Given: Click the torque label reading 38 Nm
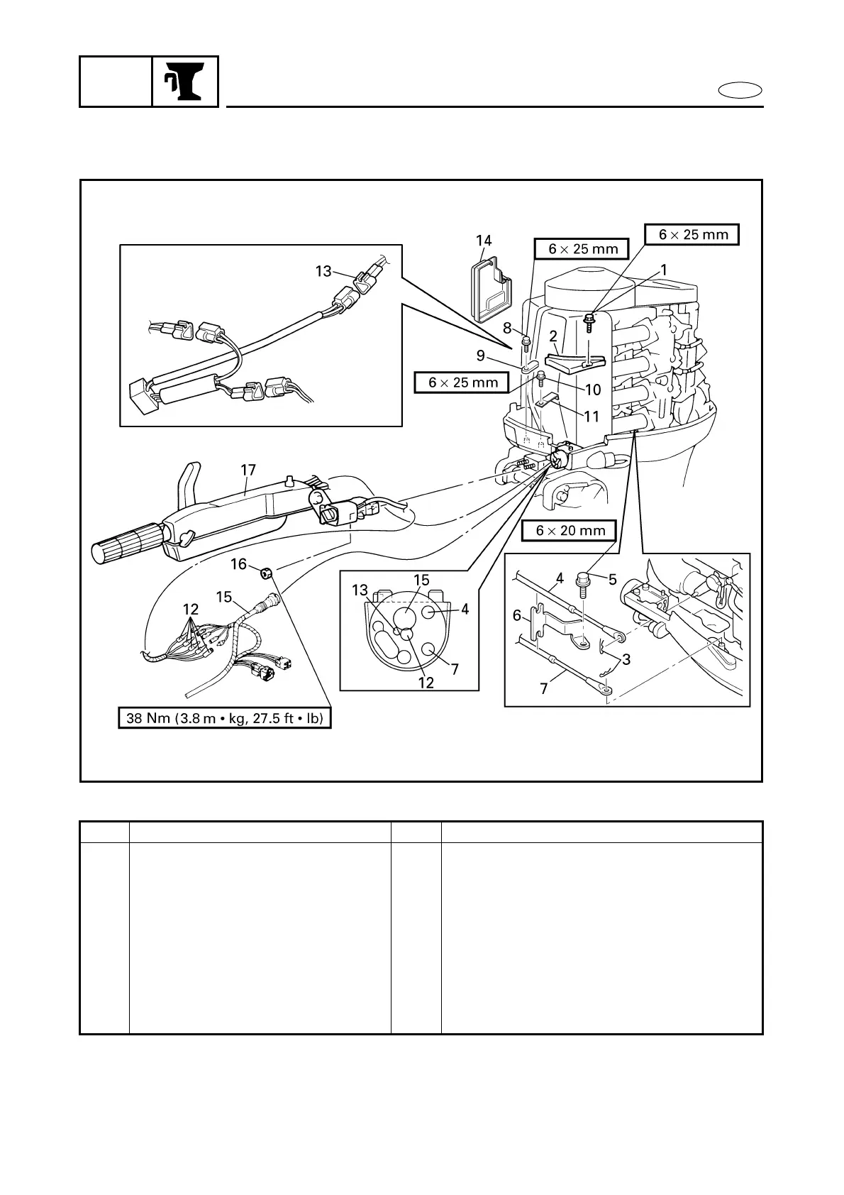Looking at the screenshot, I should tap(225, 718).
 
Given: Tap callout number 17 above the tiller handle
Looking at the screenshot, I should tap(248, 470).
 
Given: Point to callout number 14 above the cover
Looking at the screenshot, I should tap(484, 241).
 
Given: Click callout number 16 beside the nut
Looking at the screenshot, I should tap(238, 564).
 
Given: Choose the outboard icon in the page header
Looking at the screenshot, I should tap(184, 81).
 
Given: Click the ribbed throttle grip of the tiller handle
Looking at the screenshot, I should tap(128, 544).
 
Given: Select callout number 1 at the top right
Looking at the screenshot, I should tap(664, 270).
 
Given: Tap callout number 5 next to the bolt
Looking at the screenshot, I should tap(613, 580).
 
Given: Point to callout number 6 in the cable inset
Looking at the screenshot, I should tap(516, 616).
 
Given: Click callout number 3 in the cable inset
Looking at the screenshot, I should tap(626, 659).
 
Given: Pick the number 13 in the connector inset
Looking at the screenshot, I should tap(323, 271).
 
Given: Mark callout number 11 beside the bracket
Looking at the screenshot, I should tap(592, 417).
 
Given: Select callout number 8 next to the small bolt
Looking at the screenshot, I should tap(508, 328).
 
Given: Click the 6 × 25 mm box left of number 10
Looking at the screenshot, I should tap(461, 382).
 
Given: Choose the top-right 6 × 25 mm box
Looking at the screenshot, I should tap(692, 234).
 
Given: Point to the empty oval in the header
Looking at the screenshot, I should tap(740, 90).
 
